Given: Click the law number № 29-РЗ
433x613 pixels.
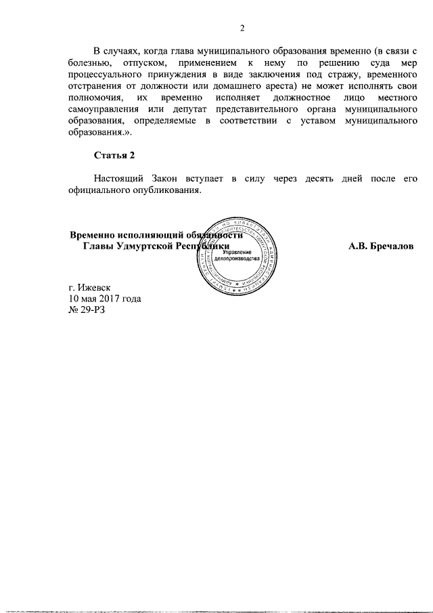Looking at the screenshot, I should click(x=88, y=310).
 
